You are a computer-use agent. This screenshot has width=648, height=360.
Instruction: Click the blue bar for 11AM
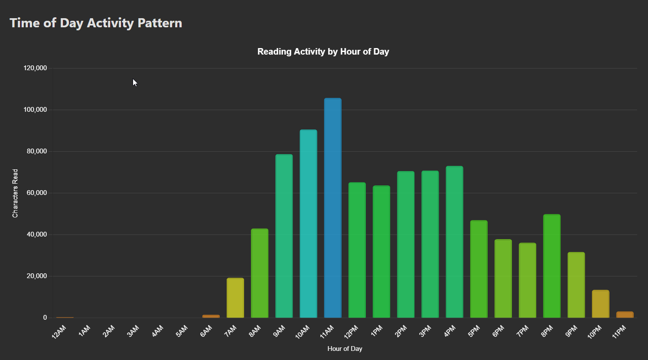332,208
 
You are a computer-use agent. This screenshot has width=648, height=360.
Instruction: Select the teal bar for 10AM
308,224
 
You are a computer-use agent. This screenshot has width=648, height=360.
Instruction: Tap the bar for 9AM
284,236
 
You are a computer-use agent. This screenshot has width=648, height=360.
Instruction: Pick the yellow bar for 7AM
235,298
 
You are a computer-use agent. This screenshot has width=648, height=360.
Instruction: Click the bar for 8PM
552,266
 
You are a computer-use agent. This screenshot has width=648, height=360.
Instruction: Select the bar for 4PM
454,242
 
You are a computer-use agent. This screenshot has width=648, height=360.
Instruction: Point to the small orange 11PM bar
625,315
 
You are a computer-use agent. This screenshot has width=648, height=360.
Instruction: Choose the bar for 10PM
600,304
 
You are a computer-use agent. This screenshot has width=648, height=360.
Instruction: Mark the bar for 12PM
357,250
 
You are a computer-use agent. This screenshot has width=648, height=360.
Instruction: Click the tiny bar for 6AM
211,316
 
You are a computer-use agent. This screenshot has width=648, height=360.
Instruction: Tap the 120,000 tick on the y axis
35,68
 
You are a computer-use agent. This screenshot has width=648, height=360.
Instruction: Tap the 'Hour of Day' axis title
345,349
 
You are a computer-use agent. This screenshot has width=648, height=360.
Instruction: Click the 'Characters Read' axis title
15,193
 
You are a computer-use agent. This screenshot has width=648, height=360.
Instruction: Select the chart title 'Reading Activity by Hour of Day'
323,52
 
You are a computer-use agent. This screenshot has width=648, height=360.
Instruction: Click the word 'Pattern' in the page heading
160,23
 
